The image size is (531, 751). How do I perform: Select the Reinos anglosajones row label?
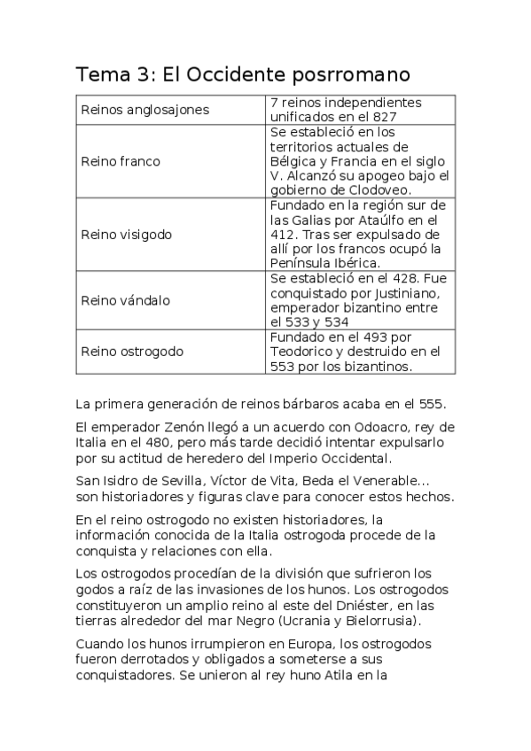(x=144, y=110)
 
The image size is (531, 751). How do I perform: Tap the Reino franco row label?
(x=121, y=160)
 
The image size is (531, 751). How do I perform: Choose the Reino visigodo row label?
(x=126, y=235)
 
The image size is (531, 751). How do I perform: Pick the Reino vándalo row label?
(x=125, y=300)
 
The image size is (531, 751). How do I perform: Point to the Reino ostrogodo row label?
(x=132, y=352)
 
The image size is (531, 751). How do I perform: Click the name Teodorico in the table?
(x=302, y=351)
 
